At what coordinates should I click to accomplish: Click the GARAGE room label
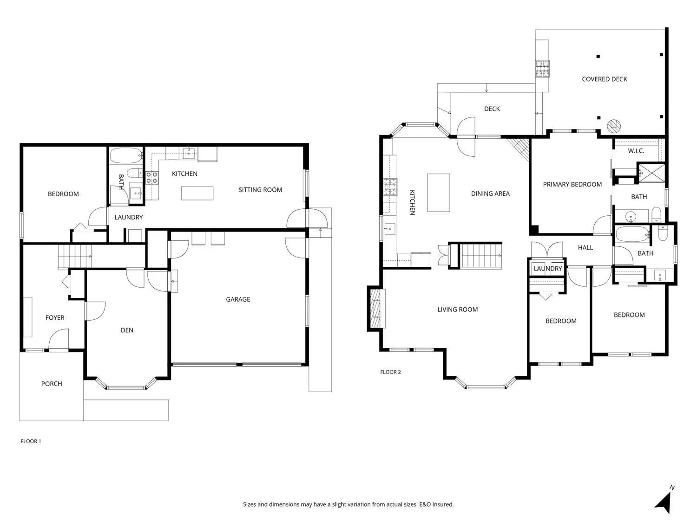238,299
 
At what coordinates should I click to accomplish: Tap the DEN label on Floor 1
127,330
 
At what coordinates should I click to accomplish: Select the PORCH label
52,384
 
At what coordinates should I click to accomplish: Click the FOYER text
55,317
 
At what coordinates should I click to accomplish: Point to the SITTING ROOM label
260,189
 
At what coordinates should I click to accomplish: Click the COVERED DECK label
604,79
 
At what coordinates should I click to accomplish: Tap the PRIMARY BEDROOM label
572,184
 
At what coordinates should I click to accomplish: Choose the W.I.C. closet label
636,151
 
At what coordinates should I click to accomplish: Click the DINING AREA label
490,193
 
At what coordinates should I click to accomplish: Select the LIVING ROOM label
458,309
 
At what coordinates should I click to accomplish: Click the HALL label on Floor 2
585,247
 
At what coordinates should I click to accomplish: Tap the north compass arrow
664,503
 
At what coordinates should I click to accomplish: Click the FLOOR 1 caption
31,441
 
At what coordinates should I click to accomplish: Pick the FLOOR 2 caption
391,372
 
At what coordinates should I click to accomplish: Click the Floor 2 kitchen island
439,193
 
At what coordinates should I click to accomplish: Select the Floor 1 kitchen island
197,193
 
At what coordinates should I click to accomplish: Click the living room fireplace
376,309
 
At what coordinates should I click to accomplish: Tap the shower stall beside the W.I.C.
651,173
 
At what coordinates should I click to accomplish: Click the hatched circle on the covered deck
614,126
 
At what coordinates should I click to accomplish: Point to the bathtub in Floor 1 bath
126,155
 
